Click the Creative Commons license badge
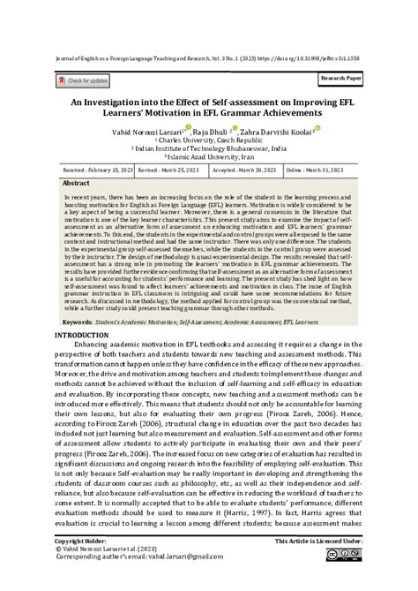pyautogui.click(x=344, y=579)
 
